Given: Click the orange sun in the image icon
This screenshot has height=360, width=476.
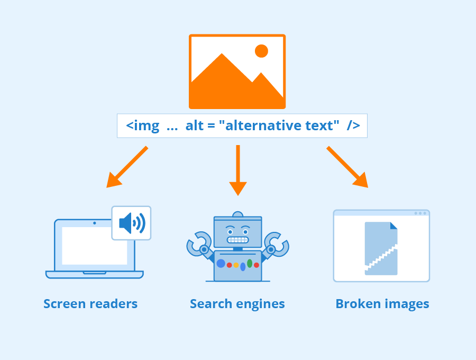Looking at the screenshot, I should [261, 51].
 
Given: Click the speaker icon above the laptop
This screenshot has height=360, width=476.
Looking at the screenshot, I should [131, 223].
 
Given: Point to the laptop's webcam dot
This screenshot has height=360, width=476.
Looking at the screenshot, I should [95, 223].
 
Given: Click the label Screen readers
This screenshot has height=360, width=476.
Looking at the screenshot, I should [90, 304].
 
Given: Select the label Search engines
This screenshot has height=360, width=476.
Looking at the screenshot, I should [237, 304].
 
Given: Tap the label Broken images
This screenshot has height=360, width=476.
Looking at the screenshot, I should [382, 304].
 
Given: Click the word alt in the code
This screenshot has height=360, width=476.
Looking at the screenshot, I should [195, 126].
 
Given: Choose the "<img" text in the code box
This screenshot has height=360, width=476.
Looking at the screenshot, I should [142, 126].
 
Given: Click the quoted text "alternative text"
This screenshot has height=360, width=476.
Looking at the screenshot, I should [279, 126].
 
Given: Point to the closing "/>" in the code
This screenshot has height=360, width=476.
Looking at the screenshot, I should [353, 126].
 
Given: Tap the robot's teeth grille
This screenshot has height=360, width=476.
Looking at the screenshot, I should [237, 240].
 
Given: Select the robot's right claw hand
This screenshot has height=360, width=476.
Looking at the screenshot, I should [278, 244].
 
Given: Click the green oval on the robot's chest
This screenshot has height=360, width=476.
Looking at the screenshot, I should [250, 263].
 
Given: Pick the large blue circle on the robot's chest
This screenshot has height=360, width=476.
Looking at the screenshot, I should [221, 263].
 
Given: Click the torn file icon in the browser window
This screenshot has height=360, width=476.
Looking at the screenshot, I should [381, 248].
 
